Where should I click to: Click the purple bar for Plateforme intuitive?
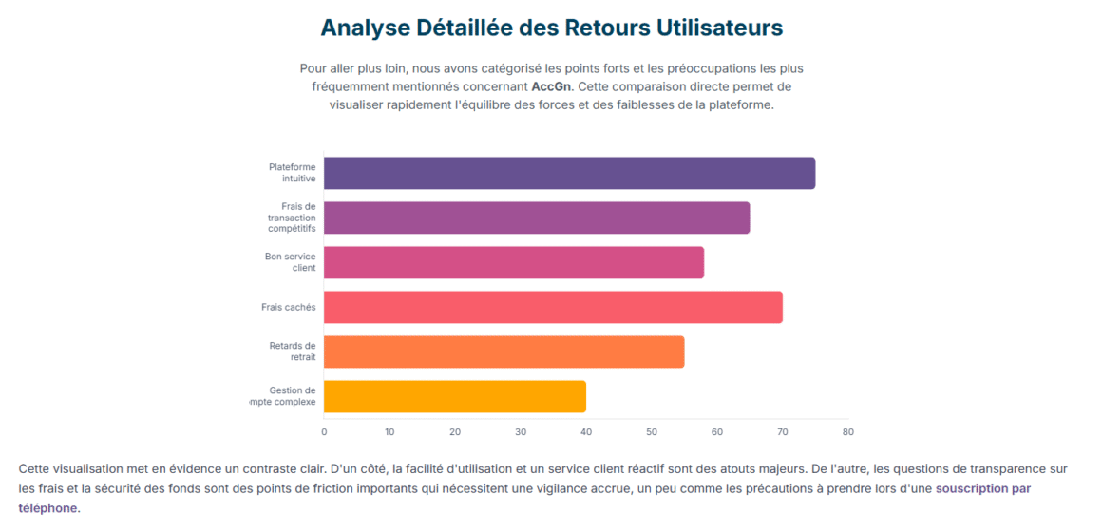[x=569, y=173]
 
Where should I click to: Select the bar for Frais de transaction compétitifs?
[x=537, y=218]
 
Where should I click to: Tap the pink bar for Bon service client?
[x=514, y=262]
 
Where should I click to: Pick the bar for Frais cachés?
[x=553, y=307]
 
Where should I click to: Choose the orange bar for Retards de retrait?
[x=503, y=351]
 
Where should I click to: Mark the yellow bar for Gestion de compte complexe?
[x=455, y=396]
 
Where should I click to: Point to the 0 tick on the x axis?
[x=324, y=431]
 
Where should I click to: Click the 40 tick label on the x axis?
[x=586, y=431]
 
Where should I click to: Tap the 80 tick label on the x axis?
[x=848, y=431]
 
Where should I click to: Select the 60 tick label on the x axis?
[x=717, y=431]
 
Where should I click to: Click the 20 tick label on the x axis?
[x=455, y=431]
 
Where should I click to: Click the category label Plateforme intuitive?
[x=293, y=173]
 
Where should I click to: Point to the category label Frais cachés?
[x=289, y=307]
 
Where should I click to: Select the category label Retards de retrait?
[x=293, y=351]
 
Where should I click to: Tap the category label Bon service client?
[x=291, y=262]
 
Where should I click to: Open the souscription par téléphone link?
[x=983, y=488]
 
